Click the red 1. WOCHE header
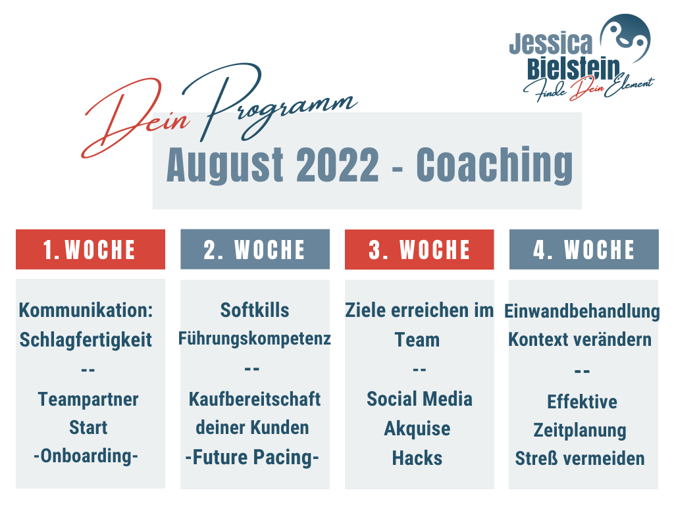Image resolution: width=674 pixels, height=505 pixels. point(90,249)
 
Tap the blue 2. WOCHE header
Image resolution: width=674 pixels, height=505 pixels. point(255,249)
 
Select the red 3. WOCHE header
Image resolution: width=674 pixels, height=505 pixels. point(419,249)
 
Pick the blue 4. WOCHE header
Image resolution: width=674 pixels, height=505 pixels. point(584,249)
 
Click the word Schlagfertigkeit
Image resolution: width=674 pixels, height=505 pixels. point(86,340)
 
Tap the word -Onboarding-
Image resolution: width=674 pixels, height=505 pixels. point(86,456)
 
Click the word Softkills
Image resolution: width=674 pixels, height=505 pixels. point(255,310)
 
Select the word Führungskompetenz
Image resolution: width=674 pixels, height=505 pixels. point(255,339)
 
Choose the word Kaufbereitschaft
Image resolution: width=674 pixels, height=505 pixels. point(255,399)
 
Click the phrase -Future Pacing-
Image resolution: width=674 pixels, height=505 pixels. point(252,458)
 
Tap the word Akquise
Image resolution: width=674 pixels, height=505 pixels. point(417,429)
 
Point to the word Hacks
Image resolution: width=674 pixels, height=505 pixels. point(417,458)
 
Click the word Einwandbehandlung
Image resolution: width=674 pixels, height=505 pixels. point(582,312)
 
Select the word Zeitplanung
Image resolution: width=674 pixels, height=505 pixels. point(580,431)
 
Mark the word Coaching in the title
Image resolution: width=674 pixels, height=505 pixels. point(495,165)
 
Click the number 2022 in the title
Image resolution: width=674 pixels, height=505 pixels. point(338,165)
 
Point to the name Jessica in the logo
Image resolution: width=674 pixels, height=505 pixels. point(551,43)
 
